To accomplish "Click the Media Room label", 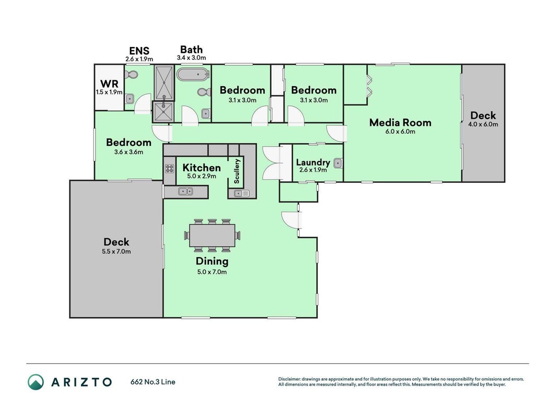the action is coord(400,123).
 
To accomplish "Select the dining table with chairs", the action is coord(212,235).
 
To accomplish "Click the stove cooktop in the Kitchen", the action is coord(170,169).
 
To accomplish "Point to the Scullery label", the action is coord(237,171).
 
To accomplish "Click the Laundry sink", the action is coord(338,163).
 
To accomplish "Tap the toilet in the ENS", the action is coord(132,75).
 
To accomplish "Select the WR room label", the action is coord(109,84).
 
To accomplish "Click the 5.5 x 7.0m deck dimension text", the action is coord(116,252).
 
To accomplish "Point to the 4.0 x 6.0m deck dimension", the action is coord(483,124).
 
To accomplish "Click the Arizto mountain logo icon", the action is coord(36,382).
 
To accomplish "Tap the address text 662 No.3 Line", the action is coord(153,382).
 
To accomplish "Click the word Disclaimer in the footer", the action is coord(290,379).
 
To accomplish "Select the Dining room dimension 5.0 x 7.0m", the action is coord(212,272).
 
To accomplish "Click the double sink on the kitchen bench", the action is coord(185,192).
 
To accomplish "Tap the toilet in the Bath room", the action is coord(204,92).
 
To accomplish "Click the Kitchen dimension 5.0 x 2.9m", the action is coord(202,176).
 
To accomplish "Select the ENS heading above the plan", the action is coord(139,51).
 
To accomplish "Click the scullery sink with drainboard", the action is coord(242,194).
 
